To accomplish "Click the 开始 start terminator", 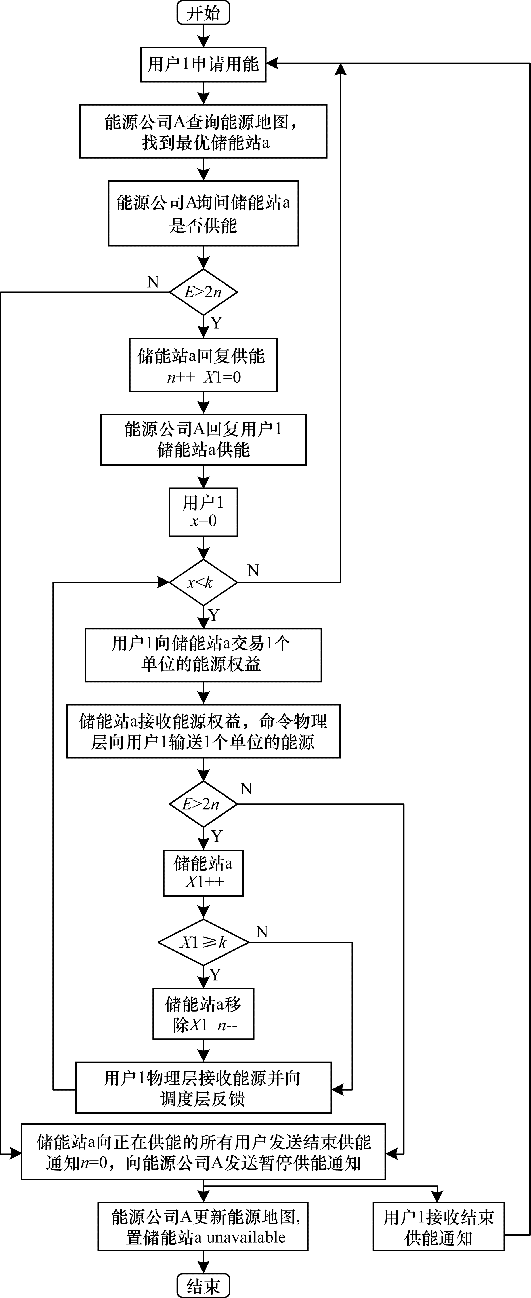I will (203, 13).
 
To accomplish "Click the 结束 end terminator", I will (203, 1286).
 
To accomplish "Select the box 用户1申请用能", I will (203, 64).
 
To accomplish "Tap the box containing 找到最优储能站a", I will (203, 132).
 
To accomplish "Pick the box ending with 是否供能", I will (203, 214).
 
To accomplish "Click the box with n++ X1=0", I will (203, 365).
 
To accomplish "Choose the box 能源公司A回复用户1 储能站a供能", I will (203, 439).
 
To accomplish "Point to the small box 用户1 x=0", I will (203, 512).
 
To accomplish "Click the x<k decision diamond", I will (203, 583).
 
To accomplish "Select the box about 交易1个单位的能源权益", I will (203, 655).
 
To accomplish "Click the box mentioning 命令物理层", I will (203, 731).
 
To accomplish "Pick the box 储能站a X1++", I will (203, 873).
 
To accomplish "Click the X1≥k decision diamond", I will (203, 942).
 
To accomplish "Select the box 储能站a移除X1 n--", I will (203, 1014).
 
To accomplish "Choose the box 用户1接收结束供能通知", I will (438, 1226).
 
